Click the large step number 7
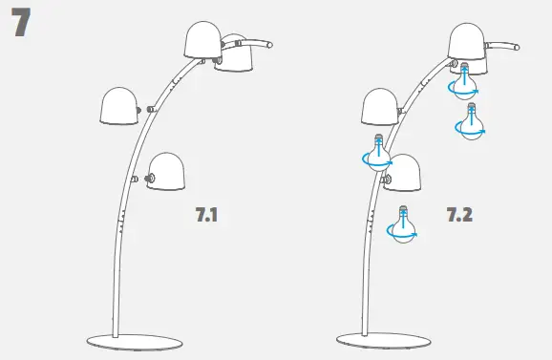pos(21,22)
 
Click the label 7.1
pos(206,214)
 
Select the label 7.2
pos(459,214)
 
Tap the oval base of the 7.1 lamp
pos(135,342)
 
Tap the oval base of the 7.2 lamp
pos(383,340)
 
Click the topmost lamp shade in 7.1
pos(202,40)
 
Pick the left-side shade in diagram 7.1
pos(119,106)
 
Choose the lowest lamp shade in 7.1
pos(166,172)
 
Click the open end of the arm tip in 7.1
pos(270,45)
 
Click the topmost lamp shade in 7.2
pos(466,41)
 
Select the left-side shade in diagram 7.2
pos(380,107)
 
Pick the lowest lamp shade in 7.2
pos(403,173)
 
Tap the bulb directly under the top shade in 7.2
pos(465,81)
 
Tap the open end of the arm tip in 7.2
pos(517,47)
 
